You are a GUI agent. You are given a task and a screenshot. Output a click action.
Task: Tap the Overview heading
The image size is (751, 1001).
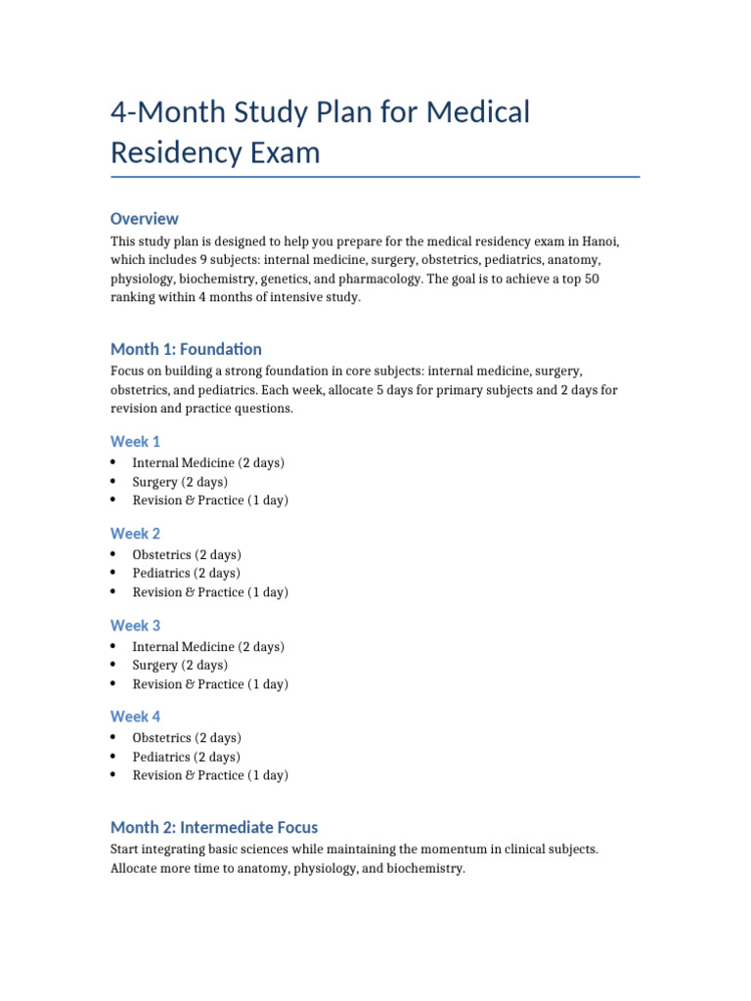point(145,219)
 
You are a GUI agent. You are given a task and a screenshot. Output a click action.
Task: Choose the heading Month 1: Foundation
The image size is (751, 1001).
point(186,349)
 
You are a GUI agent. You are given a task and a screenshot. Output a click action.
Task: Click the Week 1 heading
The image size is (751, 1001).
point(136,442)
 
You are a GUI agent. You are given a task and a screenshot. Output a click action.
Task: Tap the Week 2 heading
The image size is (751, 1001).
point(136,534)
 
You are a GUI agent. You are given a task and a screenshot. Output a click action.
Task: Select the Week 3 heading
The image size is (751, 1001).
point(136,626)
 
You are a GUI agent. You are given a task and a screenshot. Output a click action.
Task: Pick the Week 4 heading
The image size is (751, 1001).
point(136,717)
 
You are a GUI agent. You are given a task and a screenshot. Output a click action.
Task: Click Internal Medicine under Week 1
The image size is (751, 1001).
point(184,463)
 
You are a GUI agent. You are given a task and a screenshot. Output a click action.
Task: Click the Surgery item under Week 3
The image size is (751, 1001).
point(155,666)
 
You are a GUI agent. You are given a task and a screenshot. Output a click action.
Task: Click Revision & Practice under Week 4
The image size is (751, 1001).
point(189,775)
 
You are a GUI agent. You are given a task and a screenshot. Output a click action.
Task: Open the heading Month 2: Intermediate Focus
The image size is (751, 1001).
point(214,827)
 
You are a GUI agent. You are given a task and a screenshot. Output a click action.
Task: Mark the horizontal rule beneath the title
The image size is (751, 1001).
point(375,177)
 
